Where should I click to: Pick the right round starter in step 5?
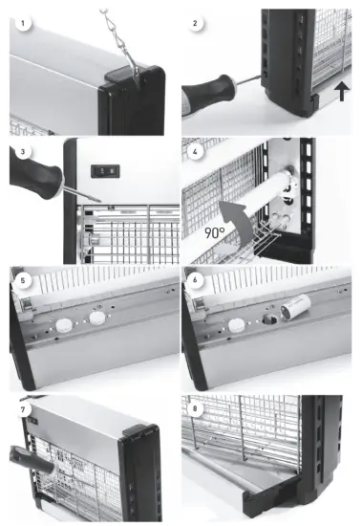[x=97, y=318]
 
